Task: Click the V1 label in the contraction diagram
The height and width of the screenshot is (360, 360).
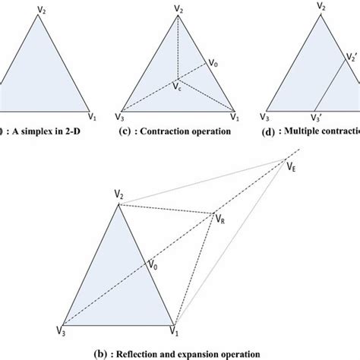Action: tap(235, 118)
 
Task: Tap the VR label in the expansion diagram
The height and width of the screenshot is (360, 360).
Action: tap(220, 219)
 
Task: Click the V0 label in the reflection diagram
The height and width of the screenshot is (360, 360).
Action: tap(154, 267)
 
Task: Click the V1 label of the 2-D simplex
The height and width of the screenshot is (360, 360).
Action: tap(93, 118)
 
